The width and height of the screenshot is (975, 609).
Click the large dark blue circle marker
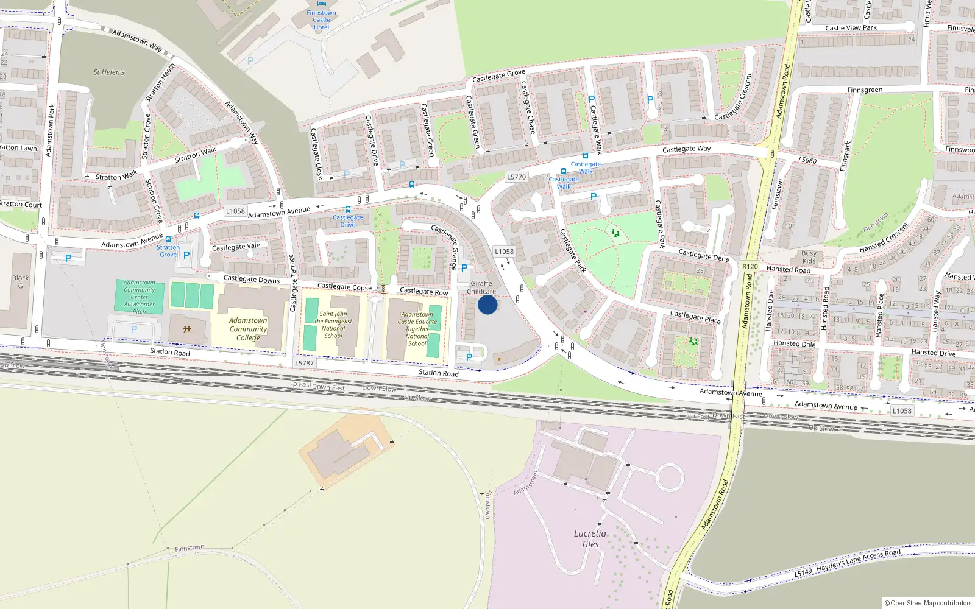click(487, 304)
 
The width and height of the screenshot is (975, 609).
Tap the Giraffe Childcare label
click(481, 287)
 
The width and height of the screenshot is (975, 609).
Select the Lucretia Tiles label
click(590, 538)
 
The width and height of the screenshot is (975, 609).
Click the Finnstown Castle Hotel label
click(321, 20)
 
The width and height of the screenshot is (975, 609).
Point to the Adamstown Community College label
click(248, 329)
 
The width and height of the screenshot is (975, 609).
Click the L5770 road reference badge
click(516, 177)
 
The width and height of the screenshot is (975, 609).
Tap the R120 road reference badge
click(750, 267)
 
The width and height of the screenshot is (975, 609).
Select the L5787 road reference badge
click(304, 363)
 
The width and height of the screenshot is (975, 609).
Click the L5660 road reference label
click(807, 160)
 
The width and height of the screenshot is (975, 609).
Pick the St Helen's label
click(109, 72)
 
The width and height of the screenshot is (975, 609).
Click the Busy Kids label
click(809, 257)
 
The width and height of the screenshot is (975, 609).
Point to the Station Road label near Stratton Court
click(170, 352)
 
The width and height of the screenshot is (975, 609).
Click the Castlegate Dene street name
click(704, 255)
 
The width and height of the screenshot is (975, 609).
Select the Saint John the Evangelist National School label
click(333, 325)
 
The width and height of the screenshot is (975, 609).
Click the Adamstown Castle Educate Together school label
click(417, 329)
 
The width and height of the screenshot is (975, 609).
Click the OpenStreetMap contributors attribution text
click(928, 603)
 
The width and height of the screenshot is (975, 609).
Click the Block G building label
click(20, 282)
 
